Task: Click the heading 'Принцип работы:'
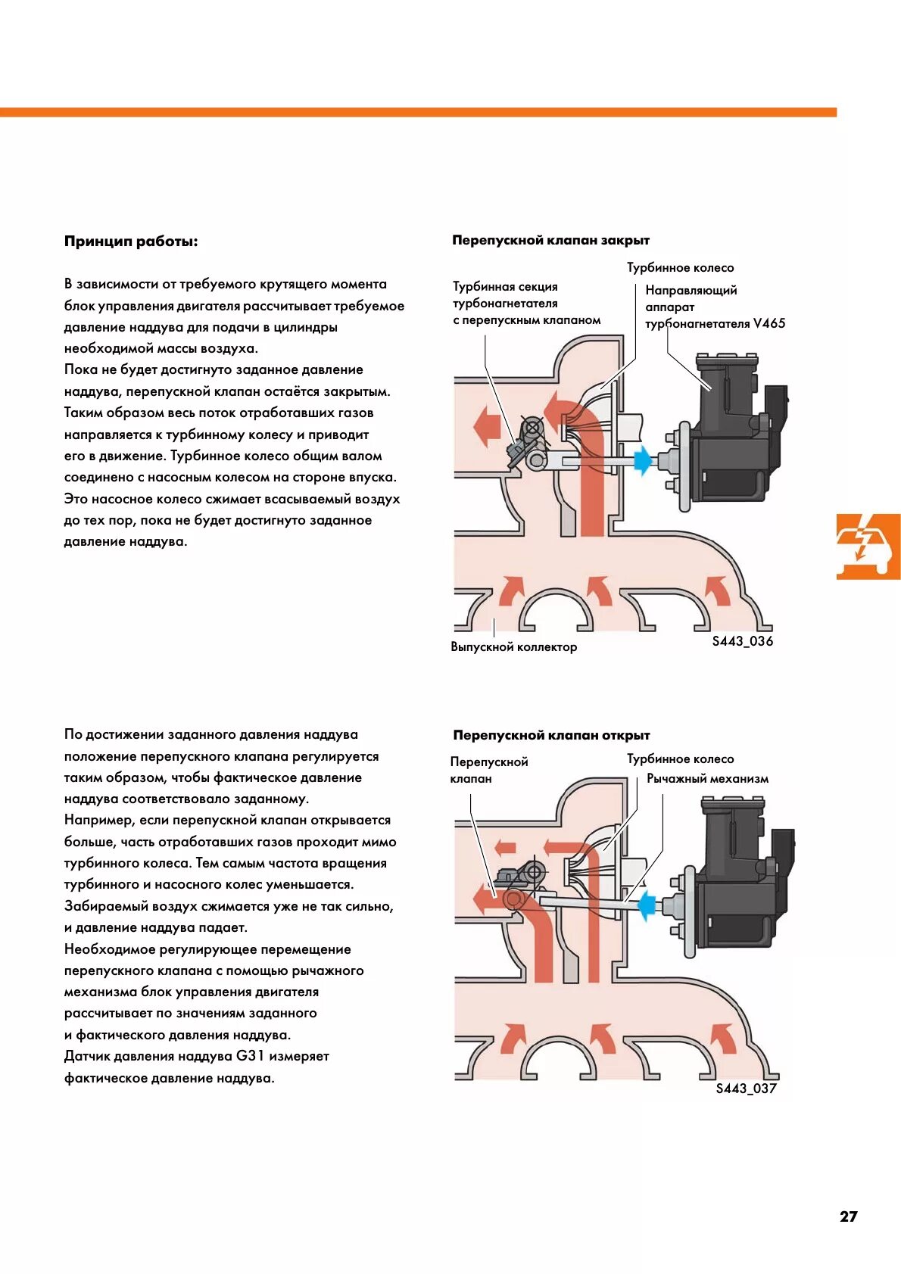pos(131,241)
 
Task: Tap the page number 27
pos(848,1216)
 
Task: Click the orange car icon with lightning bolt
pos(868,547)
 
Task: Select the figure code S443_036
pos(742,641)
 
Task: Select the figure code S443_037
pos(746,1088)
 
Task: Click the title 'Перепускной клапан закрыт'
pos(550,240)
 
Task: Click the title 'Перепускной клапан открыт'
pos(551,735)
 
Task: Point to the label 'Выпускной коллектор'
pos(513,646)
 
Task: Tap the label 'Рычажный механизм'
pos(707,778)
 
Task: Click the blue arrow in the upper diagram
pos(643,459)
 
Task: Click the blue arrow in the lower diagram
pos(647,905)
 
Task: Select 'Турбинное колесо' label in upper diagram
pos(680,267)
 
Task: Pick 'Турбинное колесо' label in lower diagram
pos(680,758)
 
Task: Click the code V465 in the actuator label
pos(769,323)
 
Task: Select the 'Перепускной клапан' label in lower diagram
pos(488,770)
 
